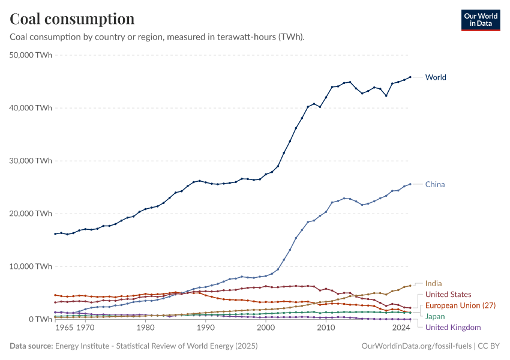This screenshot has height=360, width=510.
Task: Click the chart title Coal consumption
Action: (x=72, y=19)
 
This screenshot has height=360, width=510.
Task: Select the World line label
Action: (x=436, y=77)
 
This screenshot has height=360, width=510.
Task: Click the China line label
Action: (x=435, y=184)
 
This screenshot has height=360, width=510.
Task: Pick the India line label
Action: (x=434, y=283)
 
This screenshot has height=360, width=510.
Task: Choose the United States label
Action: (x=448, y=295)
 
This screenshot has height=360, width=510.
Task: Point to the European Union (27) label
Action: (x=460, y=305)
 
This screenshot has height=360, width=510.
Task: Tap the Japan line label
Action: (x=436, y=316)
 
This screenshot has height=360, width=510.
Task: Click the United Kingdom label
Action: (x=453, y=327)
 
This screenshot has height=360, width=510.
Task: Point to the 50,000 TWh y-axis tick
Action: (x=32, y=55)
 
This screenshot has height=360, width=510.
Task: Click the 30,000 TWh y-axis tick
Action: (x=32, y=161)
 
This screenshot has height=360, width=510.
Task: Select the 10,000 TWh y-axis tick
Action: (x=32, y=266)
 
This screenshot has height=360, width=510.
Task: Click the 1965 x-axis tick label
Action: (x=64, y=329)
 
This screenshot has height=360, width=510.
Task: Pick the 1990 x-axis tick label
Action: (x=205, y=329)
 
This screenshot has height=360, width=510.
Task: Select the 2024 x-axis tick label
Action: (x=401, y=329)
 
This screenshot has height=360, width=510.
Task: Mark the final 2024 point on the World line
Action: (x=410, y=77)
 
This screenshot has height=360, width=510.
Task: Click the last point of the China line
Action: (x=410, y=184)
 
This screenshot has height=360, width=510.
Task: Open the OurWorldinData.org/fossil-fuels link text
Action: (x=417, y=346)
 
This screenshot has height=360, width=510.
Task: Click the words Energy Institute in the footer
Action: (x=81, y=346)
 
